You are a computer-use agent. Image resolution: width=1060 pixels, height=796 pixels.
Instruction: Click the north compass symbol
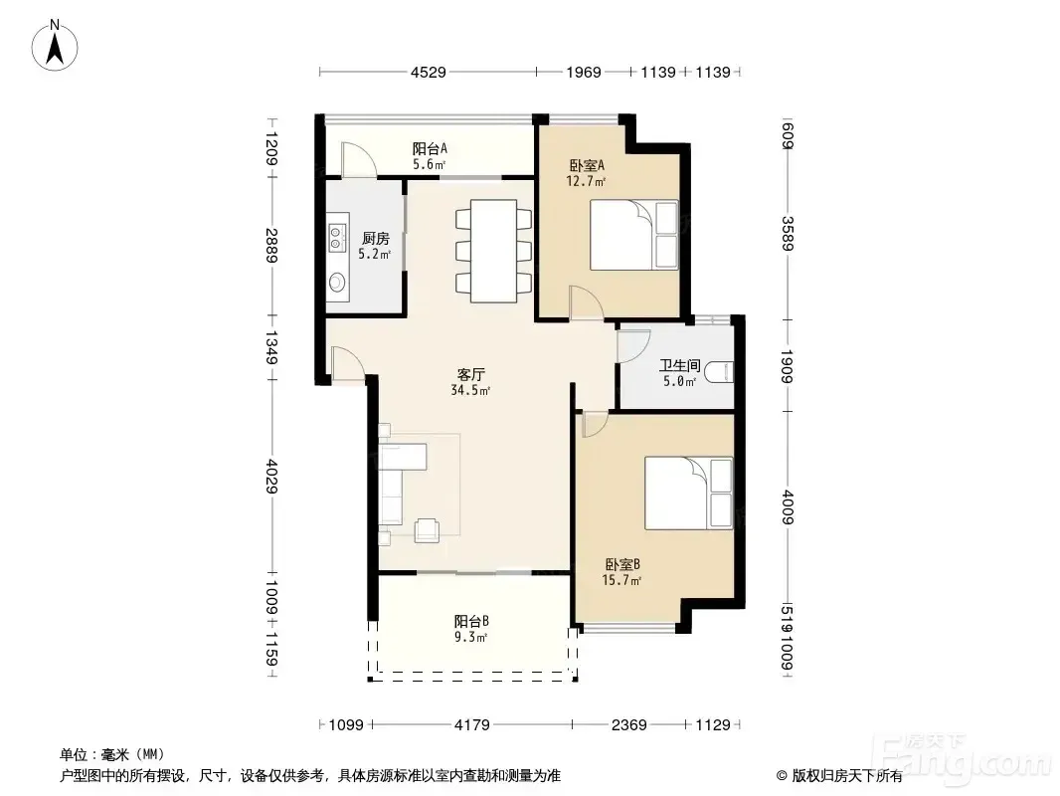(55, 46)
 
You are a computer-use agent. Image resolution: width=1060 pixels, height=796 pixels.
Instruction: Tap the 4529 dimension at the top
(428, 72)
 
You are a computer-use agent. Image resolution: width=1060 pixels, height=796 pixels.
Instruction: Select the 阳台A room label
(430, 148)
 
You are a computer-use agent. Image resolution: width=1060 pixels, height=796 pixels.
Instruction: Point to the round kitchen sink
(337, 282)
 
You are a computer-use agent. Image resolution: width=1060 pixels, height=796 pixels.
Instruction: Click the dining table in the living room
(493, 251)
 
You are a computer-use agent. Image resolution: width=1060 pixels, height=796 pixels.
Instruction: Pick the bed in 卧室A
(634, 236)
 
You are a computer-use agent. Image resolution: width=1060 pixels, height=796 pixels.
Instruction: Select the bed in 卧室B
(689, 493)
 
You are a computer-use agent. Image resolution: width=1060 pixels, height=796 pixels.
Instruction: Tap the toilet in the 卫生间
(719, 373)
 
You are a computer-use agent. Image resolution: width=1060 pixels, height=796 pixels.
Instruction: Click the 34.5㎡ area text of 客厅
(470, 390)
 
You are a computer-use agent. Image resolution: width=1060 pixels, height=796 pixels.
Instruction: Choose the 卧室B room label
(622, 564)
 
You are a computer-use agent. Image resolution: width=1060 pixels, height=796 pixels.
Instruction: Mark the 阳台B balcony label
(471, 621)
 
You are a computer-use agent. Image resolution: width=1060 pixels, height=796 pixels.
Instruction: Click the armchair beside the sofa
(428, 529)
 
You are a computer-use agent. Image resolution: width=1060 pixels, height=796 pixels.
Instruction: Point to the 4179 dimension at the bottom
(472, 725)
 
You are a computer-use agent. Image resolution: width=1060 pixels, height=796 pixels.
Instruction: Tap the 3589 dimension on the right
(788, 233)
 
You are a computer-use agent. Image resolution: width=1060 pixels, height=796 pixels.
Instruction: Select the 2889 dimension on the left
(271, 246)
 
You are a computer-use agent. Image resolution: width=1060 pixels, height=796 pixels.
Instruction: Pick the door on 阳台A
(359, 161)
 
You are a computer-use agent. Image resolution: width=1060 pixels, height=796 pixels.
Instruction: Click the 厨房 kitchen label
(375, 238)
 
